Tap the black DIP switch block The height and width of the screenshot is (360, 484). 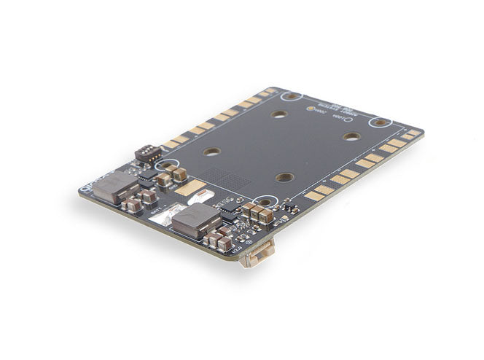coord(148,153)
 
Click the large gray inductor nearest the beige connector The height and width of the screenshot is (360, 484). coord(195,219)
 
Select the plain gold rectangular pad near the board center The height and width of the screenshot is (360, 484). coord(191,187)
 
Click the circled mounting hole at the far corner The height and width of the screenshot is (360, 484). coord(292,96)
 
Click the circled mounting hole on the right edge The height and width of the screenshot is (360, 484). coord(380,122)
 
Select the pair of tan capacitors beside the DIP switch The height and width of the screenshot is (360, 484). coord(176,173)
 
